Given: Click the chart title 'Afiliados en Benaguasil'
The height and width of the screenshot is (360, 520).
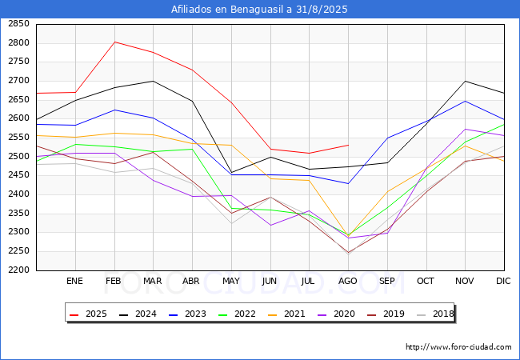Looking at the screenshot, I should (x=260, y=10).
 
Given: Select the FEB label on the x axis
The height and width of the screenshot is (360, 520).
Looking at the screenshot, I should (x=114, y=282).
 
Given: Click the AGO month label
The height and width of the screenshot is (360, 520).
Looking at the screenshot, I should (x=347, y=282).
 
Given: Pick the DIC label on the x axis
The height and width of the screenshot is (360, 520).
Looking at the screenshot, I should (x=503, y=282).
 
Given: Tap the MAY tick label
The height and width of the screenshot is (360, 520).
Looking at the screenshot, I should (x=230, y=282).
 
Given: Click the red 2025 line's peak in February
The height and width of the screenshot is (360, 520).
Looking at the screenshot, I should (x=114, y=42).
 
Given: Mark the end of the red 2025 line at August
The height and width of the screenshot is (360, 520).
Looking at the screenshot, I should (x=347, y=145).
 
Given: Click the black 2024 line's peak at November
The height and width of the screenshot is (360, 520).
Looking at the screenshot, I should (x=465, y=81).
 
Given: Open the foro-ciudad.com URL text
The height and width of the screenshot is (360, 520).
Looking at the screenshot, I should (x=458, y=347).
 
